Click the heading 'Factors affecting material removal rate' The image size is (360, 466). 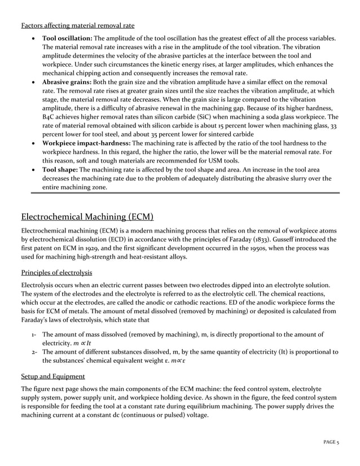tap(77, 25)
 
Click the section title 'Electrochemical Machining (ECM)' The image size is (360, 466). tap(87, 217)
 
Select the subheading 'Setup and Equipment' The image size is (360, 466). tap(53, 376)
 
